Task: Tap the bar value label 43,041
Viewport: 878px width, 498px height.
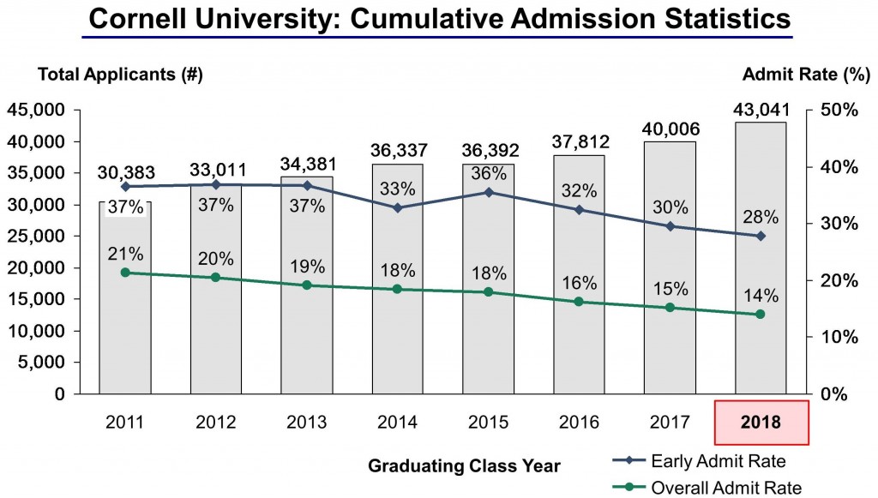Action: [x=760, y=111]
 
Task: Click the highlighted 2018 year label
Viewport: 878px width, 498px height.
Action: [x=760, y=423]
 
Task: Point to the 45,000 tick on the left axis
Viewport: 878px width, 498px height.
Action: [x=35, y=110]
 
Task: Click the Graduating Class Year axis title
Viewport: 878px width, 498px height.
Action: [x=464, y=466]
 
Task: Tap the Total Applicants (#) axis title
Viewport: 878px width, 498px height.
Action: [x=120, y=75]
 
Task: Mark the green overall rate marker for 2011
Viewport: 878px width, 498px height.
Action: [x=125, y=273]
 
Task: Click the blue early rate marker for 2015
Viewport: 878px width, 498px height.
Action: [x=489, y=192]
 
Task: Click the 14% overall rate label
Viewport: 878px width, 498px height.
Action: [x=761, y=296]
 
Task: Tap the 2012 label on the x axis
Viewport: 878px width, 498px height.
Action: [x=216, y=423]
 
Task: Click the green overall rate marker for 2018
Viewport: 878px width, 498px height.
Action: [x=760, y=315]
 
